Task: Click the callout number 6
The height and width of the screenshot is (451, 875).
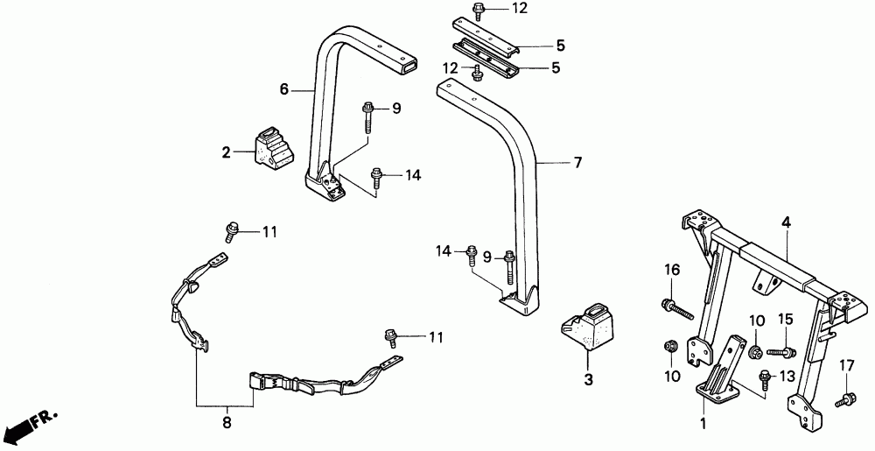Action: [283, 88]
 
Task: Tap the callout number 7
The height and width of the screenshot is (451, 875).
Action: [552, 162]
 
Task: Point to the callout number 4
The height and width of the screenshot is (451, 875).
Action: [786, 224]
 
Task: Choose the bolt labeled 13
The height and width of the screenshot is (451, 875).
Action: [764, 381]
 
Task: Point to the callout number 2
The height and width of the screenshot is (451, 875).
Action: [226, 152]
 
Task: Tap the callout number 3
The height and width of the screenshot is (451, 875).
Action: [588, 380]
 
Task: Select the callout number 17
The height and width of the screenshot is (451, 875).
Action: [846, 364]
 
